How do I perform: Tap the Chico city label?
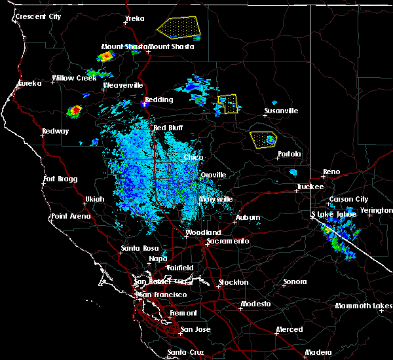[193, 158]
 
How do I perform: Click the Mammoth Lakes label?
[364, 306]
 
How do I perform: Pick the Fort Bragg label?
[60, 179]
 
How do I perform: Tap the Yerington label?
[376, 211]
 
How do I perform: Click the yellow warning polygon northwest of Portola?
[263, 139]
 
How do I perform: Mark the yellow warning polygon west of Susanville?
[227, 104]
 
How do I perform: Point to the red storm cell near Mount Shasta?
[105, 57]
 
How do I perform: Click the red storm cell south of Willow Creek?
[75, 111]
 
